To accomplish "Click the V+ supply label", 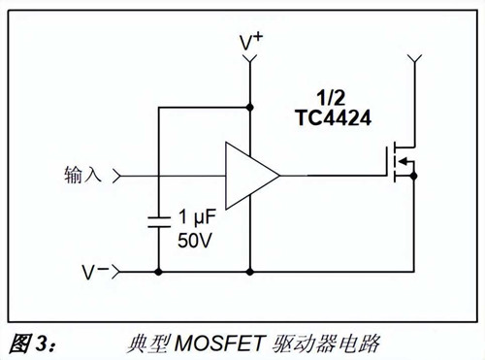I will (x=251, y=42).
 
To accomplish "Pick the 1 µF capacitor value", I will (x=196, y=216).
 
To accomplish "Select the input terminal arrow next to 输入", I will (x=118, y=176).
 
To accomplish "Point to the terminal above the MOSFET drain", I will (x=415, y=63).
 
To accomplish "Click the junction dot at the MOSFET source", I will (x=415, y=177).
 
